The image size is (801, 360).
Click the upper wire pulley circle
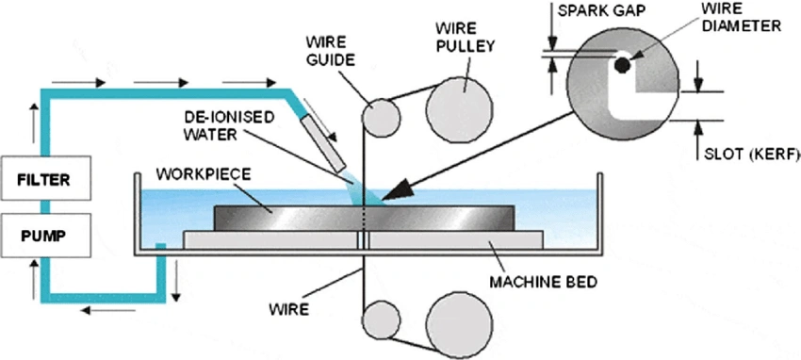coord(460,98)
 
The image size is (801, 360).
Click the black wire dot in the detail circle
coord(623,66)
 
